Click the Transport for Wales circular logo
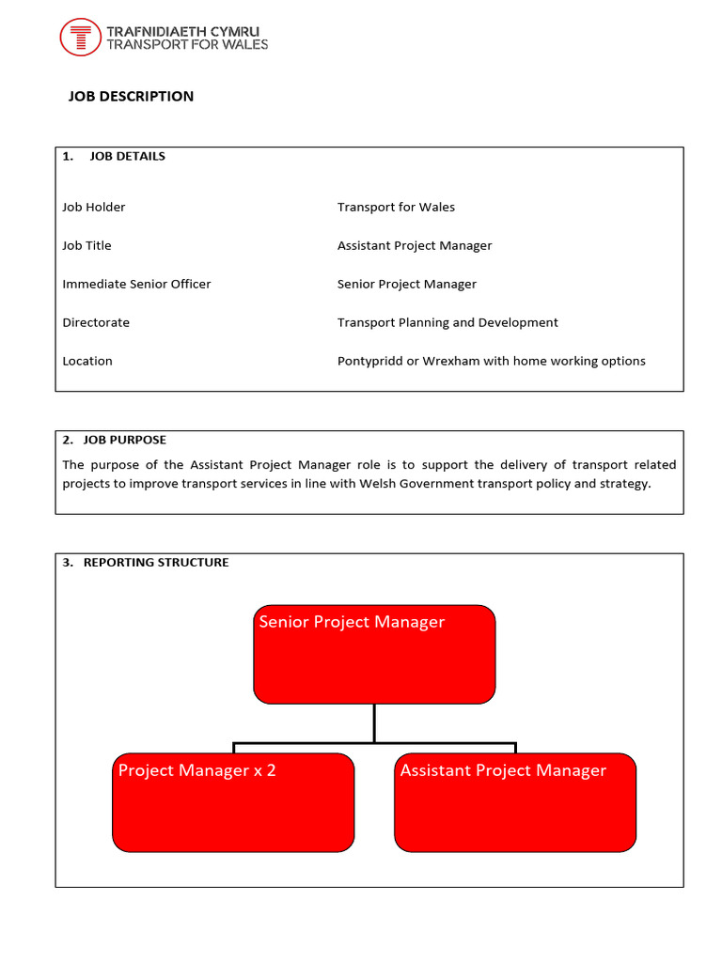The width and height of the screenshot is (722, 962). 80,38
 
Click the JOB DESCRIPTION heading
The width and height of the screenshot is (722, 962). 131,97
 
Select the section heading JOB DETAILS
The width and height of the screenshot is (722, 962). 127,157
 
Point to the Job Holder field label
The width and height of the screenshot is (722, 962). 93,207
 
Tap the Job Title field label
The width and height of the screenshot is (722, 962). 86,245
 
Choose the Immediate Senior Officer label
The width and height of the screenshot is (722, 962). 136,284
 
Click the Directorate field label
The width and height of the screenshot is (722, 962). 96,322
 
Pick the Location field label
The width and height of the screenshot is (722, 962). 87,361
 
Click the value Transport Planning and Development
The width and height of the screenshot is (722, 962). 447,322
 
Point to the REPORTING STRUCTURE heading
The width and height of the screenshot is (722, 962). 156,563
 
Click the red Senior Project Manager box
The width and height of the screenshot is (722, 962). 374,655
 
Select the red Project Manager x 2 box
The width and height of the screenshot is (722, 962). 233,802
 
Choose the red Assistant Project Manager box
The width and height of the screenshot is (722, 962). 515,802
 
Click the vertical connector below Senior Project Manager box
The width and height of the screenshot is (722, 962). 374,723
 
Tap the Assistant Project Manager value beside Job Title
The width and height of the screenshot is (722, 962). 415,245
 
